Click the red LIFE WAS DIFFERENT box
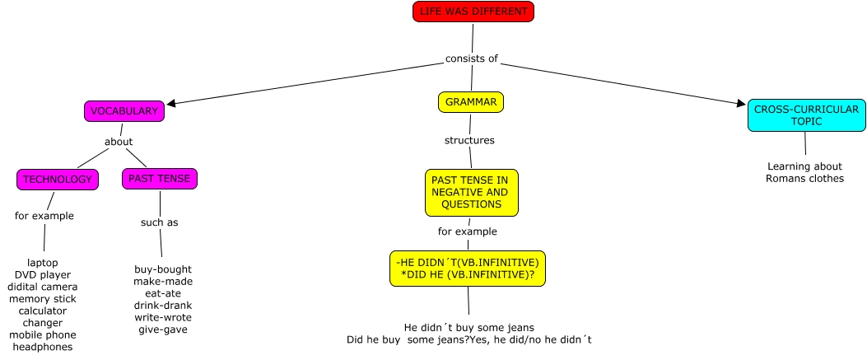[473, 12]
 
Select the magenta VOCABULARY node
[124, 111]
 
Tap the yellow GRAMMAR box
[471, 102]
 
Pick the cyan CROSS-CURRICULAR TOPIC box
[806, 115]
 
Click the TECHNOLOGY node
[58, 179]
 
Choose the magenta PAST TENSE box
[160, 178]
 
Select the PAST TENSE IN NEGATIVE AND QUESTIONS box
[472, 192]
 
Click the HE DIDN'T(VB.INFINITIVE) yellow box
[468, 268]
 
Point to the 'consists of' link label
[472, 58]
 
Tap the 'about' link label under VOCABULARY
[119, 142]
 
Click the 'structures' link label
[469, 140]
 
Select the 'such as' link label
[160, 222]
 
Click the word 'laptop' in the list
[43, 263]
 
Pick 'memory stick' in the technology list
[43, 298]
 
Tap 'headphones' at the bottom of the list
[43, 347]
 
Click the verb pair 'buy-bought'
[162, 269]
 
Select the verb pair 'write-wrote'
[162, 317]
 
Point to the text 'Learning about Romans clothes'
[804, 171]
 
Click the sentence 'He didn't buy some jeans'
[469, 326]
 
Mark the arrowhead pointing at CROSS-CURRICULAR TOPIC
[741, 104]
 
